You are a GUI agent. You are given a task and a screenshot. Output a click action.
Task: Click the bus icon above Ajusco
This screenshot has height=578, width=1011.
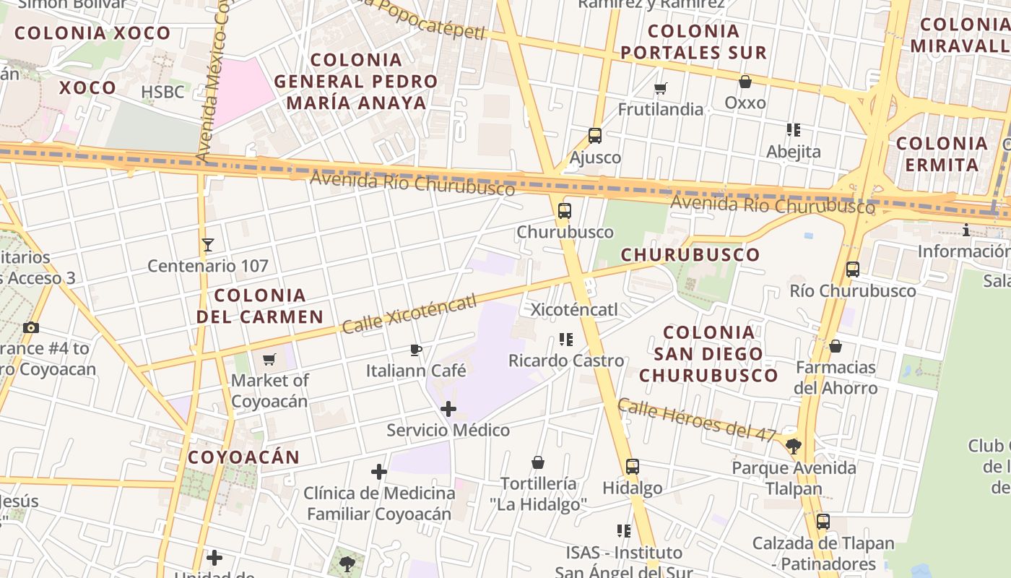coord(595,135)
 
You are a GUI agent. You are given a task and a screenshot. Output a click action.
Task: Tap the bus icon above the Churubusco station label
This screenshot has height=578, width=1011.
coord(565,211)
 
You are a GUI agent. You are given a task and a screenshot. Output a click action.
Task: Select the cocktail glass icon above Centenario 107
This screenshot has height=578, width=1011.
coord(208,245)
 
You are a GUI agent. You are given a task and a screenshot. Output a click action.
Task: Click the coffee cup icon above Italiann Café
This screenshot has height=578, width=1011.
coord(416,350)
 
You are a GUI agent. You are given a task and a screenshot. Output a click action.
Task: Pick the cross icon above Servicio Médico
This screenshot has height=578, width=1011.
coord(448,409)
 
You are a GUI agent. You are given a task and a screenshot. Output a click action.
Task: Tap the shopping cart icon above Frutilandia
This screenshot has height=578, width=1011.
coord(660,88)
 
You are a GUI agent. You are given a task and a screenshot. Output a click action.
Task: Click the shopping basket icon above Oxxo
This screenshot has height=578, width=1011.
coord(745,82)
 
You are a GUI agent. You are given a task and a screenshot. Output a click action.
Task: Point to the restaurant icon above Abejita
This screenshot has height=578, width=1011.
coord(794,130)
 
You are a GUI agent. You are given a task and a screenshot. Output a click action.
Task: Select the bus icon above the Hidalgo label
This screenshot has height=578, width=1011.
coord(633,467)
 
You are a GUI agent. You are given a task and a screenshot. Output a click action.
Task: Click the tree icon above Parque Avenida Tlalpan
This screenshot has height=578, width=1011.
coord(794,446)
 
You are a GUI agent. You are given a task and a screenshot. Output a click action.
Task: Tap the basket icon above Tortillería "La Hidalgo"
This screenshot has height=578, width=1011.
coord(538,462)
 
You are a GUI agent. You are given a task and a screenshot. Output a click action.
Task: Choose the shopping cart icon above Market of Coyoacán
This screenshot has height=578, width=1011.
coord(269,359)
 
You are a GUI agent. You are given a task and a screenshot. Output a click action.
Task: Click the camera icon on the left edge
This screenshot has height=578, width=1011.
coord(30,327)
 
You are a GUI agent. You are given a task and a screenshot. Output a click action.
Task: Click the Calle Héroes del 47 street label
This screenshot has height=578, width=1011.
coord(697,420)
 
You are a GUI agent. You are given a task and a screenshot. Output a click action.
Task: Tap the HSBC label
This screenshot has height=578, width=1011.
coord(162,92)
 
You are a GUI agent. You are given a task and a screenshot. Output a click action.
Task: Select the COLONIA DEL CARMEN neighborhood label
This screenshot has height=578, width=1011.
coord(260,306)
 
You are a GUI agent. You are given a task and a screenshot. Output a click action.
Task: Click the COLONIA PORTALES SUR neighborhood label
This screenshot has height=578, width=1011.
coord(693,42)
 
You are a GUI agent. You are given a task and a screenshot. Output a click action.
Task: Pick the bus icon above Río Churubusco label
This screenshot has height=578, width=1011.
coord(853,269)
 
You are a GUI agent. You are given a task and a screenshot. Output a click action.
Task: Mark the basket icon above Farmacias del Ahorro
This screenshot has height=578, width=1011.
coord(836,346)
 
